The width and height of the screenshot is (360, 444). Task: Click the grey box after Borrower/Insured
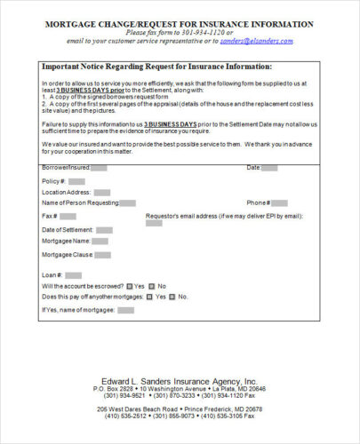point(99,167)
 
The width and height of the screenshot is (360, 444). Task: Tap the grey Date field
point(269,167)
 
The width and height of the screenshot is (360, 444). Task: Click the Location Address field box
point(102,192)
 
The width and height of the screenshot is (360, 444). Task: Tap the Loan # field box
point(74,275)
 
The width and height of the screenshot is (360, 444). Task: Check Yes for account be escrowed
point(129,286)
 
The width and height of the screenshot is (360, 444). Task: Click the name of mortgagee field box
point(125,311)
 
